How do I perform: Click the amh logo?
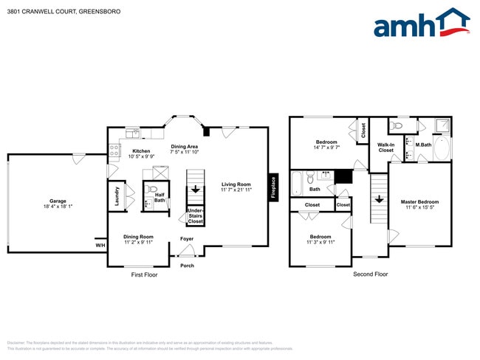coord(421,23)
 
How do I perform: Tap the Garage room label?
coord(58,199)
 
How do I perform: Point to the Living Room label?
coord(237,184)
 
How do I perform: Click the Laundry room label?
coord(117,195)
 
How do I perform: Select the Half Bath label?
coord(160,196)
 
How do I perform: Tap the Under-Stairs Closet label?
coord(195,215)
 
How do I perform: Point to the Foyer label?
coord(187,238)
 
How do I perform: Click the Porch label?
coord(187,266)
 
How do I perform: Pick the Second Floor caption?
coord(371,274)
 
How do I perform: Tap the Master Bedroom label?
coord(419,201)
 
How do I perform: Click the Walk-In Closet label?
coord(385,147)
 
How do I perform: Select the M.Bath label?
coord(422,145)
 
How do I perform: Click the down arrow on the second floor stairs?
coord(379,198)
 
